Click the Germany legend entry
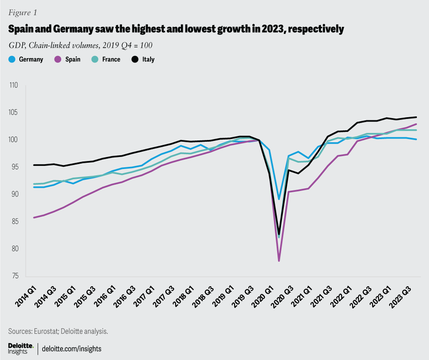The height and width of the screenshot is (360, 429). (x=26, y=59)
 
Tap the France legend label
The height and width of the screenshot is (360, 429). (x=111, y=59)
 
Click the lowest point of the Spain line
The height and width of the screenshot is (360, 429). (x=279, y=261)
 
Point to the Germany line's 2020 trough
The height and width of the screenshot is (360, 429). (x=279, y=199)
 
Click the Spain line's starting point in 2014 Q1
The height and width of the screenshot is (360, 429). (x=34, y=218)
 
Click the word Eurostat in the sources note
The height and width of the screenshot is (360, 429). (x=47, y=331)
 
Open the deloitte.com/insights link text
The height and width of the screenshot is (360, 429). (x=74, y=348)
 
